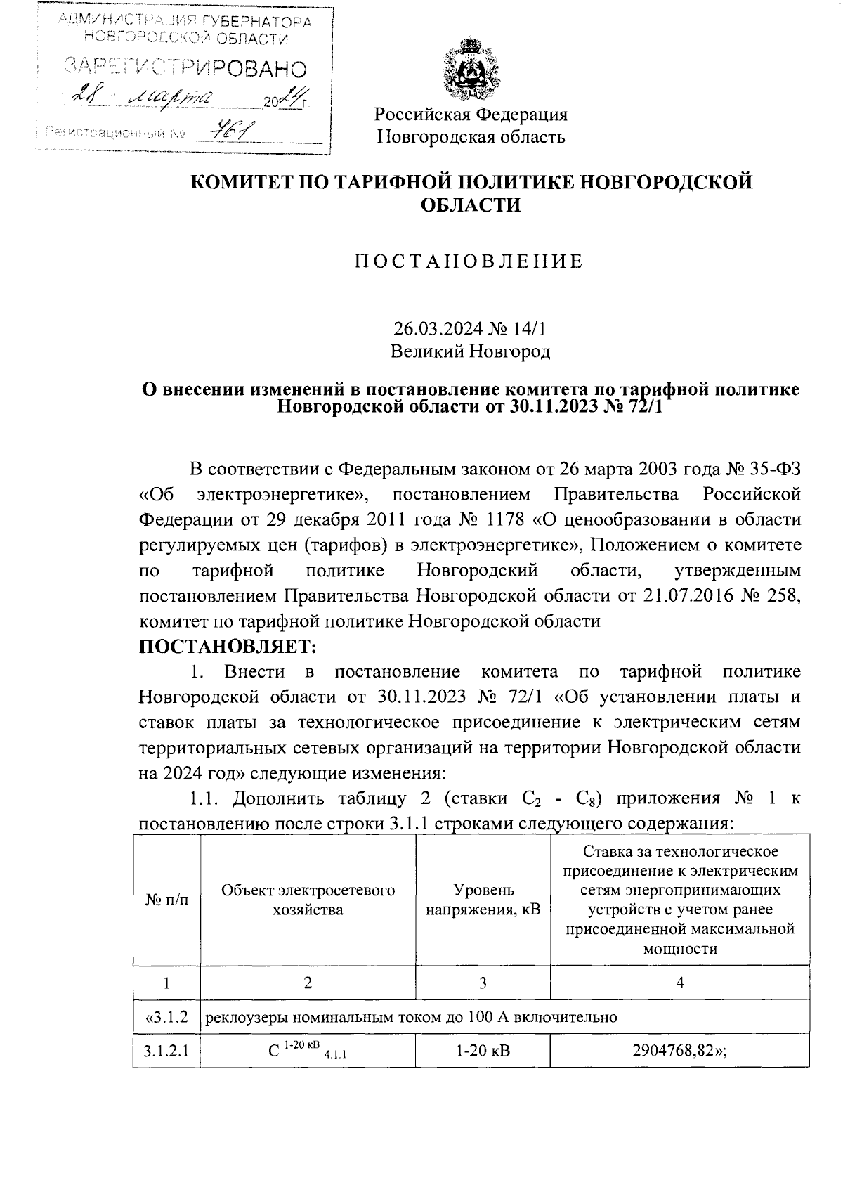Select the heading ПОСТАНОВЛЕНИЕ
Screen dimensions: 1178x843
pyautogui.click(x=469, y=261)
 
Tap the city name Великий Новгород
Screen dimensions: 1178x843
pyautogui.click(x=470, y=351)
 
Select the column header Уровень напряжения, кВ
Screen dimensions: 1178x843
pyautogui.click(x=483, y=900)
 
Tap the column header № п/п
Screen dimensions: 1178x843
pyautogui.click(x=166, y=900)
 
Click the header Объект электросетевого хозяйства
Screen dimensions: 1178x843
pyautogui.click(x=308, y=900)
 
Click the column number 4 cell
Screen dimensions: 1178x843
pyautogui.click(x=679, y=983)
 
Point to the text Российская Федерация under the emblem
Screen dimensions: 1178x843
pyautogui.click(x=470, y=114)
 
